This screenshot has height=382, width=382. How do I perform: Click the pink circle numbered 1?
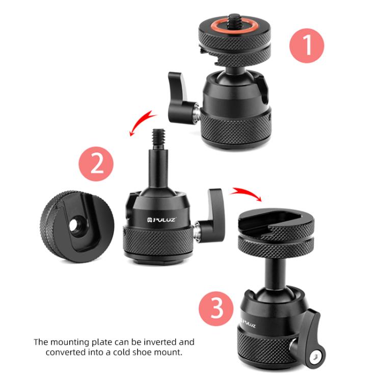point(307,46)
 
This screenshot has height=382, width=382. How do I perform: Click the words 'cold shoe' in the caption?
point(142,352)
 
